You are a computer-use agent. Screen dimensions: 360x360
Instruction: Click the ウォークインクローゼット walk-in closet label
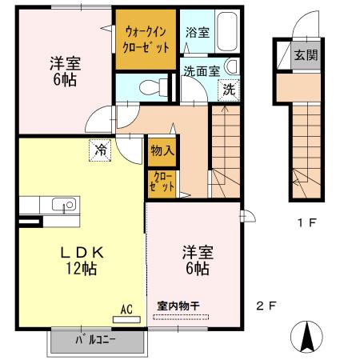coord(146,39)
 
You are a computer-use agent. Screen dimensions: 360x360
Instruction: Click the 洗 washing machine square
coord(230,90)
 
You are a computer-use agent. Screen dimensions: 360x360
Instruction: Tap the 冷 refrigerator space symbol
coord(101,149)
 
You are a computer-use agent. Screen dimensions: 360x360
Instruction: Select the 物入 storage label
coord(160,150)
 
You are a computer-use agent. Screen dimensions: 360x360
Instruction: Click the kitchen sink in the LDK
coord(62,205)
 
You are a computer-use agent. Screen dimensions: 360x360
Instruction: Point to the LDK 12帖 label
coord(80,260)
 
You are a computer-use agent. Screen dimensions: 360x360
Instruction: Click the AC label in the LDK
coord(126,308)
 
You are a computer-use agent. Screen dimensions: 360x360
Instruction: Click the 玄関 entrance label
coord(303,55)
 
